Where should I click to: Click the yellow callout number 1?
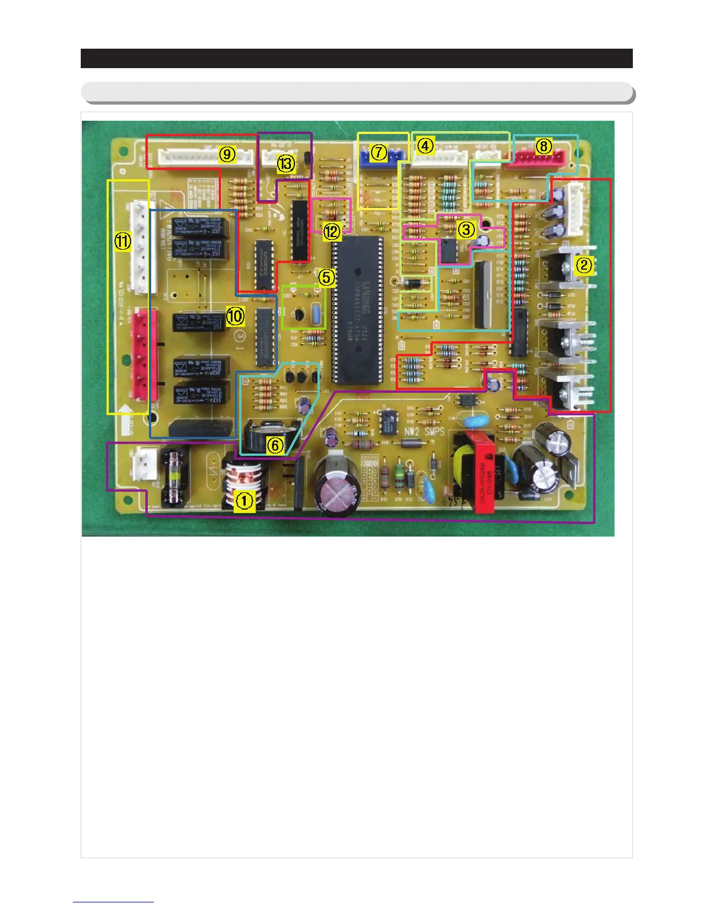(x=245, y=500)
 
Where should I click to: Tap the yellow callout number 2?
(x=584, y=265)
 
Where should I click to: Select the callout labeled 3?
(x=466, y=230)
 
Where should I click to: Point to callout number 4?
(x=425, y=146)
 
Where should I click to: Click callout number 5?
(x=326, y=278)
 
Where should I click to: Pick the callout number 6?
(x=275, y=444)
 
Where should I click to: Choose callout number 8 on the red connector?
(x=544, y=146)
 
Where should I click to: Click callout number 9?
(x=227, y=153)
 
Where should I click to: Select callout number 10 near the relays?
(x=235, y=316)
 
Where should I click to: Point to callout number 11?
(x=123, y=241)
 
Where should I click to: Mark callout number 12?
(x=332, y=231)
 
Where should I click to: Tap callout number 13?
(x=286, y=164)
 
